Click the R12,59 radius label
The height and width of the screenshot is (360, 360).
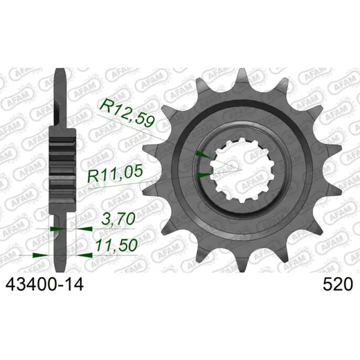coord(127,114)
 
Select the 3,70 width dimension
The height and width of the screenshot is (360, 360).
coord(118,219)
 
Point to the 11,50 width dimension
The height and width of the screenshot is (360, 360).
coord(116,245)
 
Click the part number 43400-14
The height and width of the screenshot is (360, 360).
coord(44,285)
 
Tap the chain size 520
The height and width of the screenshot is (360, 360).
coord(338,285)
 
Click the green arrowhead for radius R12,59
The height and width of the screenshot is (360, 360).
coord(203,154)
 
